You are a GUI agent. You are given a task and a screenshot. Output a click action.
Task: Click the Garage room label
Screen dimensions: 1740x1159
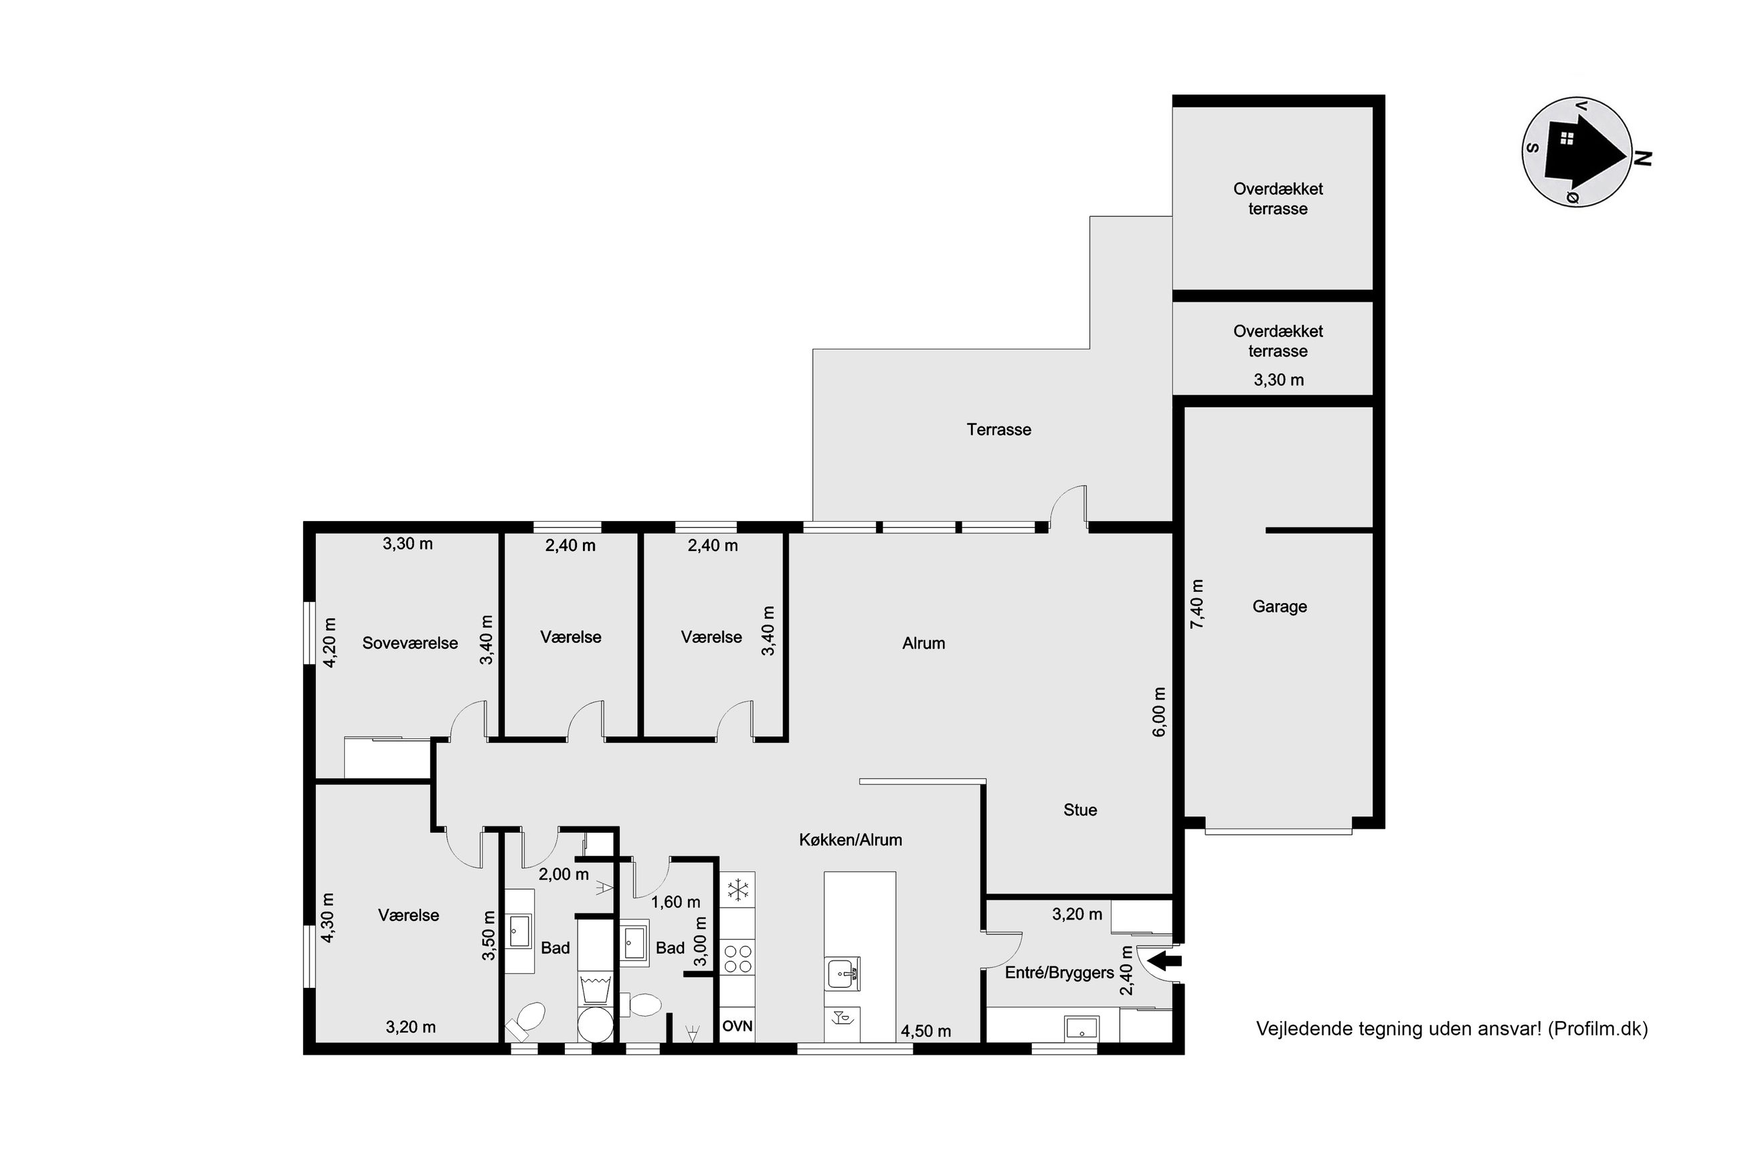(1278, 607)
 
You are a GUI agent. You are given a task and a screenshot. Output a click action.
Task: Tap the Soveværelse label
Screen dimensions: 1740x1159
(410, 643)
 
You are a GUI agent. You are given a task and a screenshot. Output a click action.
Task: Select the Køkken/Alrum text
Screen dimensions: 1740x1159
(851, 840)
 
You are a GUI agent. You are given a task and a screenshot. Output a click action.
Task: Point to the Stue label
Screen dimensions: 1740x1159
(1079, 810)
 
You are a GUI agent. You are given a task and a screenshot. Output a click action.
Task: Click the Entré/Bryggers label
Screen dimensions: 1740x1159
(1059, 972)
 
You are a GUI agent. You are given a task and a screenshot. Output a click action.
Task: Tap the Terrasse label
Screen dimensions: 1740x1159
(998, 429)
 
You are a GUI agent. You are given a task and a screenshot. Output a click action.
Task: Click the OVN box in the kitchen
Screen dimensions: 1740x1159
(737, 1026)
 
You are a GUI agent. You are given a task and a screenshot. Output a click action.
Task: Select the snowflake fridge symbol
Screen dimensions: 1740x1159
(738, 890)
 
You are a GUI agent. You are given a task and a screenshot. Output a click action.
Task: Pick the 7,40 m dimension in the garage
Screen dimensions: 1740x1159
(1197, 604)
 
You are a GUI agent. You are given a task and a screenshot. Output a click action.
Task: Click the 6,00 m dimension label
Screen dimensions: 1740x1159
(1158, 712)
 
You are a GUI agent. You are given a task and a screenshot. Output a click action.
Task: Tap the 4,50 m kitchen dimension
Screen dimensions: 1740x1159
(926, 1031)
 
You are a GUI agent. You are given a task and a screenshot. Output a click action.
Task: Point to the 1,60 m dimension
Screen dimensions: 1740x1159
(675, 902)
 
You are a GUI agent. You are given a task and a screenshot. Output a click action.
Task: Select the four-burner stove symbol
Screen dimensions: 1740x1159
(737, 958)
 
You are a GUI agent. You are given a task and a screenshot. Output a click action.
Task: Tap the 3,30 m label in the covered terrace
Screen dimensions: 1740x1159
(1278, 380)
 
